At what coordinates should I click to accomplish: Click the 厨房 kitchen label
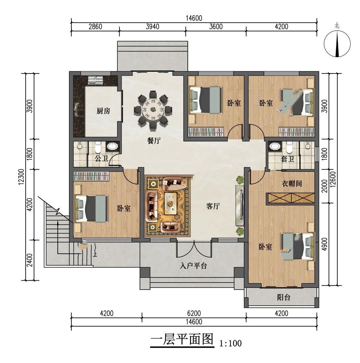pos(103,111)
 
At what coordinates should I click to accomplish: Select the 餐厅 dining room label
pos(154,140)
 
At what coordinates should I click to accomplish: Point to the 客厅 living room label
pos(213,206)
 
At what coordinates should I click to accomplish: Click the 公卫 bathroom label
pos(102,158)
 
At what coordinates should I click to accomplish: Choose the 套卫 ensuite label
pos(288,159)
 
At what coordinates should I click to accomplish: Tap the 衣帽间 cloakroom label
pos(292,184)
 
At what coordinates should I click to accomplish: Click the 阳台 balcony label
pos(284,297)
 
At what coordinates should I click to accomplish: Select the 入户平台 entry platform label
pos(193,266)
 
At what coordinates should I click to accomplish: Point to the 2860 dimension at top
pos(95,27)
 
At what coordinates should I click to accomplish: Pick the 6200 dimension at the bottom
pos(194,313)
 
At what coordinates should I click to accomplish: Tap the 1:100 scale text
pos(230,343)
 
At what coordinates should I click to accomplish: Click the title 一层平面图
pos(182,339)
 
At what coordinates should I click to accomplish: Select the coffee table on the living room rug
pos(171,204)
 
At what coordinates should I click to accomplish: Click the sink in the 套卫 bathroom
pos(275,146)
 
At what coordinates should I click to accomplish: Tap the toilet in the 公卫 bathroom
pos(98,147)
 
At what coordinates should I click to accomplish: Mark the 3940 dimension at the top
pos(152,27)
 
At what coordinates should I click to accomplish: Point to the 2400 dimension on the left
pos(30,260)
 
